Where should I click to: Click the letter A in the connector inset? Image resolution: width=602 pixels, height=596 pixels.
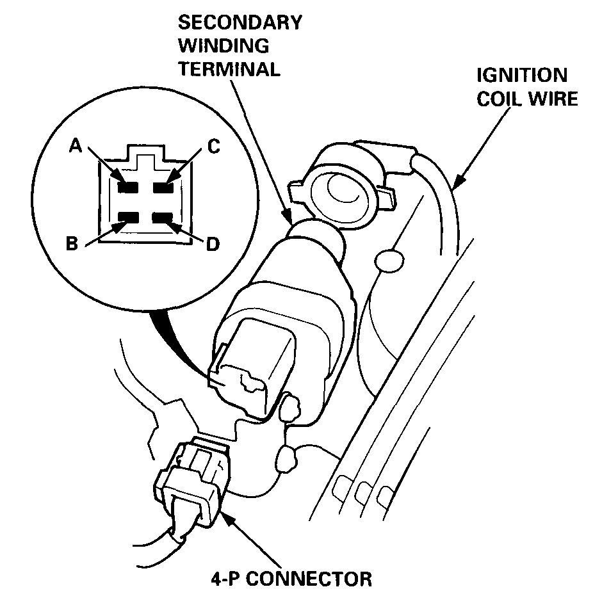(x=76, y=147)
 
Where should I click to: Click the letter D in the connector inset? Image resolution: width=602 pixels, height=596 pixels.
(x=214, y=244)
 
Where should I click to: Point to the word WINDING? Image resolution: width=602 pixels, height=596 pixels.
(x=224, y=46)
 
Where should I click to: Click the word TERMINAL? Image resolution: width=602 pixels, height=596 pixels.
(x=229, y=69)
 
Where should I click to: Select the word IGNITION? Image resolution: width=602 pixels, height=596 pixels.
(x=521, y=76)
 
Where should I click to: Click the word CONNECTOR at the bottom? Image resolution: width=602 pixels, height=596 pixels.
(x=307, y=580)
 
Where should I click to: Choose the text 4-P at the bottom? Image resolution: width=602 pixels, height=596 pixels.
(x=225, y=580)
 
